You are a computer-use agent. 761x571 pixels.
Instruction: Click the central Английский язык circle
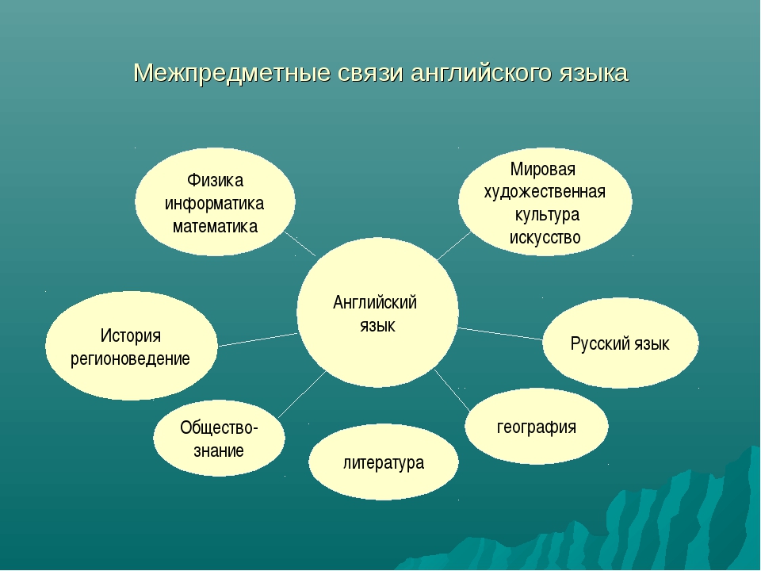tap(377, 313)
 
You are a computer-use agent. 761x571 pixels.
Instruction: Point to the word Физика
tap(215, 181)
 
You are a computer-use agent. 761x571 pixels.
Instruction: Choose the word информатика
tap(215, 203)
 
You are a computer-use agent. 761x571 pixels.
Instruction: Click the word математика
tap(215, 226)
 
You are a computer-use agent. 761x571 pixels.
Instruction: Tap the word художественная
tap(545, 192)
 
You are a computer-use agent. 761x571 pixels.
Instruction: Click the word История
tap(131, 335)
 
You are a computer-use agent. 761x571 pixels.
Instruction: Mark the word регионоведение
tap(131, 358)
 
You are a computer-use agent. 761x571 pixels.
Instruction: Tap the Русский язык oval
tap(620, 343)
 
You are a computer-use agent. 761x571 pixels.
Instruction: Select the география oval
tap(537, 427)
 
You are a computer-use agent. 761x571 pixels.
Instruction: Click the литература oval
tap(384, 462)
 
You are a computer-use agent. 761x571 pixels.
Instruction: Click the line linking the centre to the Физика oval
tap(300, 243)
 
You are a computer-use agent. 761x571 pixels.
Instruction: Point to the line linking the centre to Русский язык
tap(499, 333)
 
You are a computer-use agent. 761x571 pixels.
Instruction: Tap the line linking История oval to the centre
tap(258, 339)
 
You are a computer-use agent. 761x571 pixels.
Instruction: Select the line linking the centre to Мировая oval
tap(453, 247)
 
